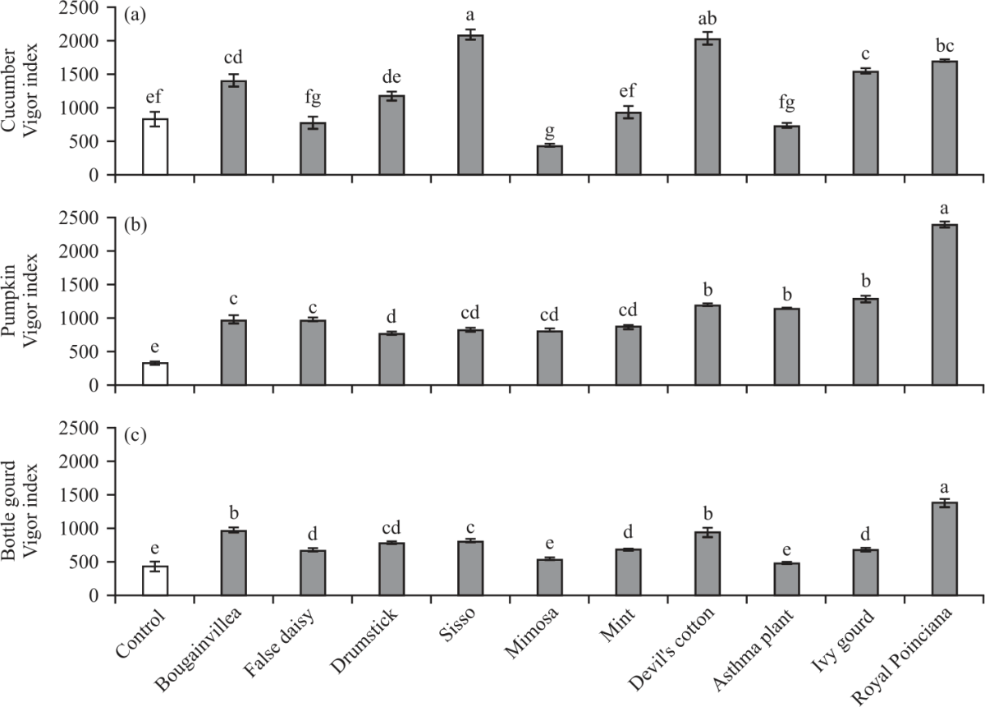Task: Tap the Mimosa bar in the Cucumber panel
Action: coord(549,160)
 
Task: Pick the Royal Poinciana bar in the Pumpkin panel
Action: coord(944,305)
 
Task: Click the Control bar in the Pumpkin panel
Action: coord(155,374)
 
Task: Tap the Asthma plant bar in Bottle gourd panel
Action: coord(786,579)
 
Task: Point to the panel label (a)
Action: coord(135,16)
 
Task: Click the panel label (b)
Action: coord(135,226)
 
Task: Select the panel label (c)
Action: coord(135,436)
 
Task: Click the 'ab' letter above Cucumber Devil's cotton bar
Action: coord(708,18)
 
